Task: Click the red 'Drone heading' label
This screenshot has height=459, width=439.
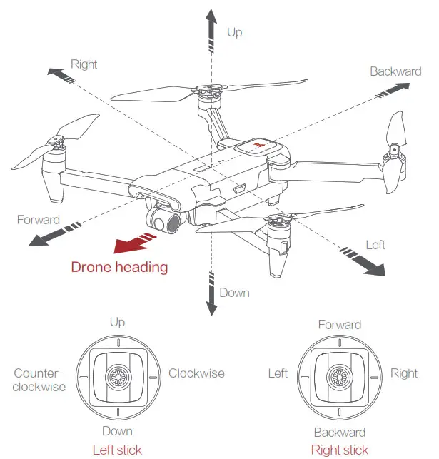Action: (x=119, y=268)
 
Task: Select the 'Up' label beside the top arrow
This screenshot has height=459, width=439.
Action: (x=234, y=32)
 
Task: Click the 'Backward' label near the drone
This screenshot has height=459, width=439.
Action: (x=395, y=71)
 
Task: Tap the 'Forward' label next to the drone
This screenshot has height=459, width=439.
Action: (x=39, y=219)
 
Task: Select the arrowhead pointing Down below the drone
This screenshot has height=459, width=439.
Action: (x=211, y=308)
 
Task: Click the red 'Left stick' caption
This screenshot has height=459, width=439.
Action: (x=117, y=450)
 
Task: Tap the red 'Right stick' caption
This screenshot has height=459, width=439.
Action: (x=340, y=450)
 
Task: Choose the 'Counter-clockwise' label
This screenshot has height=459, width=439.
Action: (x=39, y=380)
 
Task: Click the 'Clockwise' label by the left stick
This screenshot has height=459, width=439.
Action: (x=196, y=373)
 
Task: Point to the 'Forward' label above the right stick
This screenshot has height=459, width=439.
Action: (x=339, y=325)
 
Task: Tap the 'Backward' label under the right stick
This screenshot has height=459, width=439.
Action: (x=339, y=433)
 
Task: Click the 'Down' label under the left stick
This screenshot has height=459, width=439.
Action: (x=117, y=431)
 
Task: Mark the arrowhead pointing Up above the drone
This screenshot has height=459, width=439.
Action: (x=211, y=16)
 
